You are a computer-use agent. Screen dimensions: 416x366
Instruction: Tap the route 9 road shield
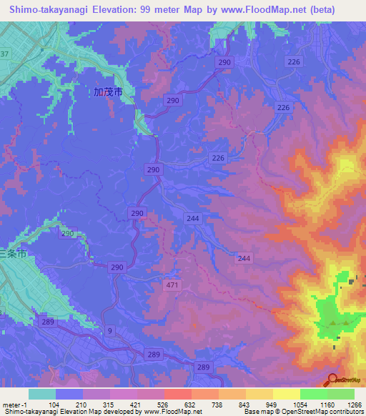[x=110, y=330]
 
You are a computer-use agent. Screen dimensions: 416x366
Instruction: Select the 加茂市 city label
[x=108, y=92]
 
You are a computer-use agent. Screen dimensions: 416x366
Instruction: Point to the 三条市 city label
[x=13, y=254]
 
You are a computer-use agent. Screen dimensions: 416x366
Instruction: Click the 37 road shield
[x=4, y=54]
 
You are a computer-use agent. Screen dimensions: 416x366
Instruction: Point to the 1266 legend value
[x=344, y=405]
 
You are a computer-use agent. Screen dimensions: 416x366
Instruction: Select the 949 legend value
[x=262, y=405]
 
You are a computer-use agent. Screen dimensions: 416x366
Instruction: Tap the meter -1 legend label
[x=16, y=405]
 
